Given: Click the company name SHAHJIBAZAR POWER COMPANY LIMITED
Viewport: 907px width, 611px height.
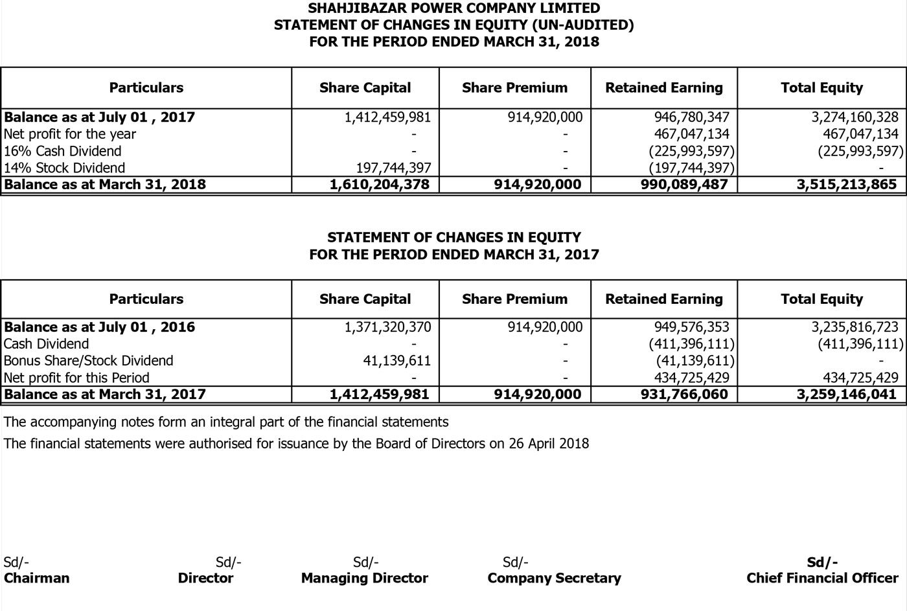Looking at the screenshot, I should coord(454,8).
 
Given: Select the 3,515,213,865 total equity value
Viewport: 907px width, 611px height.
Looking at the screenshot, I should coord(847,185).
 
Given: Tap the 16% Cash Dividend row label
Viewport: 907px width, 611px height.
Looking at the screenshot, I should coord(62,151).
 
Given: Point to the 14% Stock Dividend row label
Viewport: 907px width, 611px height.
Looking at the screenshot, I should coord(64,168).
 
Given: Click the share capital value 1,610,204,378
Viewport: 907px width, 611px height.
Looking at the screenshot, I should coord(379,185).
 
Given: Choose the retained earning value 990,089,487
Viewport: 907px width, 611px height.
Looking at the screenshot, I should coord(683,185).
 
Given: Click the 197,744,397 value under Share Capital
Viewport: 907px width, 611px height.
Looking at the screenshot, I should coord(393,168).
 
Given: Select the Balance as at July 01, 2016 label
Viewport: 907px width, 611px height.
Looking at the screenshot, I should coord(99,327).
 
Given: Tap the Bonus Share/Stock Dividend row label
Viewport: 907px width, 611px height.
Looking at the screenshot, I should coord(88,361).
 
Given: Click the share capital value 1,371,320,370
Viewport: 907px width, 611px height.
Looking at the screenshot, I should coord(387,327).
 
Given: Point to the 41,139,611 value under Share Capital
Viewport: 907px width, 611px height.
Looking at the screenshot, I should coord(396,361).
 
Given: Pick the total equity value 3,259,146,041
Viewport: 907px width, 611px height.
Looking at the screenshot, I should coord(847,395).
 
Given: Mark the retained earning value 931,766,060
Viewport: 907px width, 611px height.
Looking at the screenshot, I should coord(683,395).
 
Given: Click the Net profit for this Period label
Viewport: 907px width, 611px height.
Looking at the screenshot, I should coord(76,378).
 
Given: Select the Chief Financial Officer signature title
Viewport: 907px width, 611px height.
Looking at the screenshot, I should coord(822,578).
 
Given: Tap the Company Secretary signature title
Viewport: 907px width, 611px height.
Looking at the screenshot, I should coord(554,578).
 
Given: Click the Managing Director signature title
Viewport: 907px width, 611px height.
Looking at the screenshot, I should coord(364,578).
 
